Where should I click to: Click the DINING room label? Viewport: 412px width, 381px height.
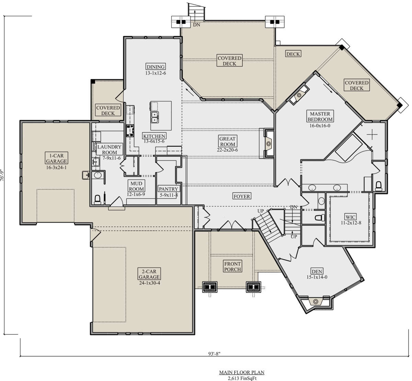pyautogui.click(x=156, y=67)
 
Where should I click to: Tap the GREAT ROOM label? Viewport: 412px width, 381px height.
pyautogui.click(x=227, y=142)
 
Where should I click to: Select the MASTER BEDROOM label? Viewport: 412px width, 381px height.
pyautogui.click(x=320, y=116)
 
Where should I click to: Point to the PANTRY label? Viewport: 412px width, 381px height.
pyautogui.click(x=169, y=189)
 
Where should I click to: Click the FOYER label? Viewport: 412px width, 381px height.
pyautogui.click(x=242, y=196)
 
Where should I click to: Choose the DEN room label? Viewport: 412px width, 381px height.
pyautogui.click(x=317, y=271)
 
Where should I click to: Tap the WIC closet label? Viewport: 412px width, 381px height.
pyautogui.click(x=351, y=217)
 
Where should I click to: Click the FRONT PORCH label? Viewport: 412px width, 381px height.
pyautogui.click(x=232, y=266)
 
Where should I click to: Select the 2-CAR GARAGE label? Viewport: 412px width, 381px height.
pyautogui.click(x=149, y=274)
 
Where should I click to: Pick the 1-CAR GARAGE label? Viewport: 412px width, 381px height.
pyautogui.click(x=56, y=158)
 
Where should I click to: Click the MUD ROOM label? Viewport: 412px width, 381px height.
pyautogui.click(x=136, y=186)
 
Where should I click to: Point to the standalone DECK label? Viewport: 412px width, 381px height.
pyautogui.click(x=293, y=54)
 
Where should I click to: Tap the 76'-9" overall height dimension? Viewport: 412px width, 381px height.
pyautogui.click(x=2, y=176)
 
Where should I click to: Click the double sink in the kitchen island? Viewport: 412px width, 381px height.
pyautogui.click(x=155, y=117)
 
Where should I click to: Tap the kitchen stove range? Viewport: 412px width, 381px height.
pyautogui.click(x=130, y=131)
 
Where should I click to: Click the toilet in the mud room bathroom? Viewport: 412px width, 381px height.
pyautogui.click(x=98, y=200)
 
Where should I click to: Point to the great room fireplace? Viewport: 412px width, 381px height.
pyautogui.click(x=268, y=143)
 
